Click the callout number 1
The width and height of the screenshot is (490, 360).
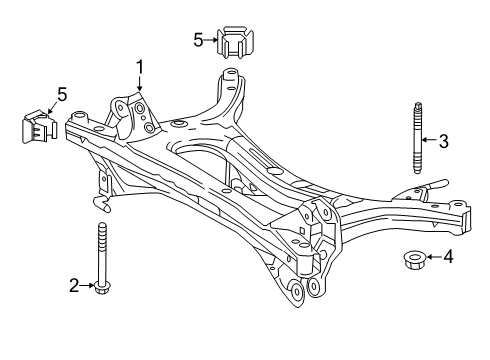(140, 67)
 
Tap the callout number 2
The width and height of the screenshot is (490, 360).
(73, 286)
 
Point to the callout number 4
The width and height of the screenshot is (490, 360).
(447, 257)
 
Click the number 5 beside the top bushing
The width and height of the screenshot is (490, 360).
(199, 39)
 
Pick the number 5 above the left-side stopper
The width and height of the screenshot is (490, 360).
(62, 95)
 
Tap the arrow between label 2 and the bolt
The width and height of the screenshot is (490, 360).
(87, 286)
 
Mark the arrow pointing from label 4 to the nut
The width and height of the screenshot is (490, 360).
(432, 257)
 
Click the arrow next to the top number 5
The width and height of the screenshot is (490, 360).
(213, 39)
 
